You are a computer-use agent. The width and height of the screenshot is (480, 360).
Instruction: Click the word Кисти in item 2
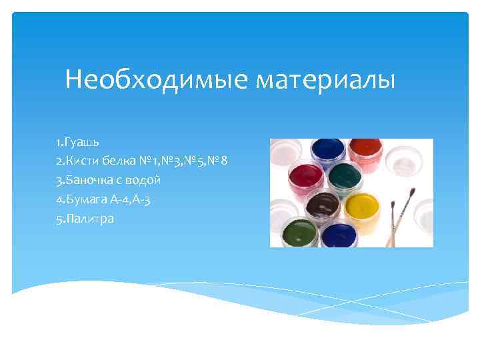point(81,161)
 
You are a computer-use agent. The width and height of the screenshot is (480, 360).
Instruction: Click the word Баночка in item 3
point(88,180)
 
